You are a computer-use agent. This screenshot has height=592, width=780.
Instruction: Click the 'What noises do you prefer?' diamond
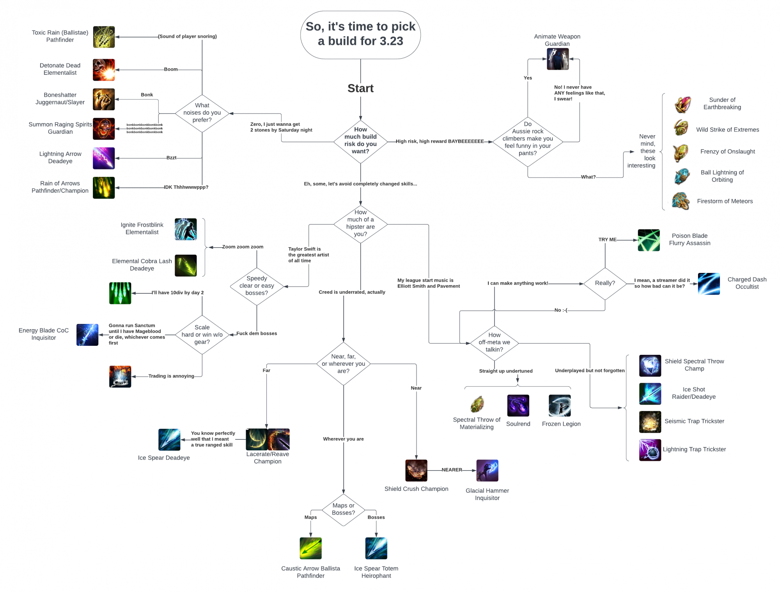(x=202, y=113)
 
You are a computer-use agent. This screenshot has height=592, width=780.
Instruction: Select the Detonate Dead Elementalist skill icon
(x=104, y=70)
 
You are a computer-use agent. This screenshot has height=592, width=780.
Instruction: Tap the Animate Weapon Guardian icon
(x=558, y=59)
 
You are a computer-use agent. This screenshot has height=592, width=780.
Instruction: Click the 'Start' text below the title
(x=360, y=88)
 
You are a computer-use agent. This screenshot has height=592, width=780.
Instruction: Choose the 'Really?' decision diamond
(x=605, y=284)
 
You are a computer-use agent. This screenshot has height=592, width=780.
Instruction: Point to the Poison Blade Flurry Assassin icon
(x=649, y=240)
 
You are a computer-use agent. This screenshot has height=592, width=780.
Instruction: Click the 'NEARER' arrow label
(x=452, y=470)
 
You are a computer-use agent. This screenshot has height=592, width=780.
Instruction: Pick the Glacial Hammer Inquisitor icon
(x=487, y=470)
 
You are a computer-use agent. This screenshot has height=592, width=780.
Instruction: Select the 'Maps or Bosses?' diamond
(x=343, y=509)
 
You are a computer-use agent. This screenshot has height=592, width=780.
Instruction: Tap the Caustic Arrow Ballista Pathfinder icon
(x=310, y=548)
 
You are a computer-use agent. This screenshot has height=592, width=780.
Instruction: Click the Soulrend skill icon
(x=518, y=405)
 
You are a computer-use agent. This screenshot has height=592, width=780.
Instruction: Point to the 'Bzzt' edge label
(x=171, y=158)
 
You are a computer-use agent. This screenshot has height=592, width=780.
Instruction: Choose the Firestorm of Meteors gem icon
(x=681, y=201)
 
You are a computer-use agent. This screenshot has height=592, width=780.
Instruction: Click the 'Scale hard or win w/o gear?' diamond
(x=202, y=335)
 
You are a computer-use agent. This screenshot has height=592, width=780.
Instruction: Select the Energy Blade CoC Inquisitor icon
(x=87, y=335)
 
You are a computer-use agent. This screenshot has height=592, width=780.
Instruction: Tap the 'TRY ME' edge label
(x=607, y=240)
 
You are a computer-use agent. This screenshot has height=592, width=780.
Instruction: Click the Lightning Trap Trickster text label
(x=694, y=449)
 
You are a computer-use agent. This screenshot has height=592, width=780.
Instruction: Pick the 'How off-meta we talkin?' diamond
(x=494, y=342)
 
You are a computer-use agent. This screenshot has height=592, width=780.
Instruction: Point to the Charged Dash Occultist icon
(x=709, y=284)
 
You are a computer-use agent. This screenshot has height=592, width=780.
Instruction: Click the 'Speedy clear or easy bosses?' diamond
(x=257, y=286)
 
